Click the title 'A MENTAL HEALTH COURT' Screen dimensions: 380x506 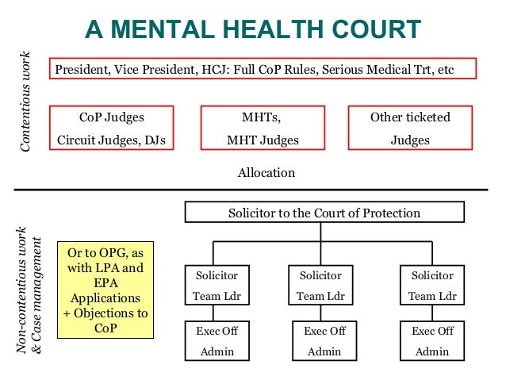[x=253, y=29]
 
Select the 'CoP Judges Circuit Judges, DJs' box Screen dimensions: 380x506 [x=112, y=129]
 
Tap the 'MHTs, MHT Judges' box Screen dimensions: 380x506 [x=261, y=129]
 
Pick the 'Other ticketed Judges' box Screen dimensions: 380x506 [x=410, y=129]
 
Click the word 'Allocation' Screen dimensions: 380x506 [x=266, y=172]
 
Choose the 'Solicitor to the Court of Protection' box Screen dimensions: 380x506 [x=324, y=213]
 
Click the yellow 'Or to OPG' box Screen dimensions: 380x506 [x=105, y=290]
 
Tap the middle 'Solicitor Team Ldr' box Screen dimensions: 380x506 [x=320, y=286]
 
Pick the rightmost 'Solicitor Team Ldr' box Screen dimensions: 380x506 [x=433, y=286]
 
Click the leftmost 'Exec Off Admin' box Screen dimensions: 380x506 [x=217, y=340]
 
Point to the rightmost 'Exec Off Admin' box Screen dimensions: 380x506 [x=433, y=340]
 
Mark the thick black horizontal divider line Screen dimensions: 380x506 [x=253, y=190]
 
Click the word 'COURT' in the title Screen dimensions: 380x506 [x=372, y=29]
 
